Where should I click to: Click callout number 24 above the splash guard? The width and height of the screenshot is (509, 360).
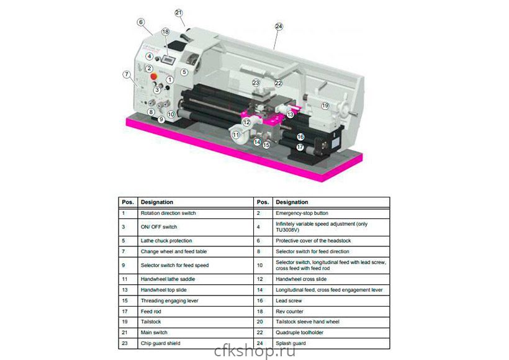pos(279,27)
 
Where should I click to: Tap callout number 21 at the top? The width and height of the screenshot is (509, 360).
pos(179,12)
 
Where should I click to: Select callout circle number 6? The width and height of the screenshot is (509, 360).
pos(141,22)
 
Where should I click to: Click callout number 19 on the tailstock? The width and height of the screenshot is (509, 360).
pos(325,106)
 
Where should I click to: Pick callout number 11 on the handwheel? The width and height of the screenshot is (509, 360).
pos(236,134)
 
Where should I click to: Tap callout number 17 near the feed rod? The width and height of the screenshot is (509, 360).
pos(300,148)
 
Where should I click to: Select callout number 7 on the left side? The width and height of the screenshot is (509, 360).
pos(127,74)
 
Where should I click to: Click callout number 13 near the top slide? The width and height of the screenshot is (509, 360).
pos(290,114)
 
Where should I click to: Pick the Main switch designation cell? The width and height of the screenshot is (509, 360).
pos(155,332)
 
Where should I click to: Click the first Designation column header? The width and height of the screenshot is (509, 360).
pos(157,202)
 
